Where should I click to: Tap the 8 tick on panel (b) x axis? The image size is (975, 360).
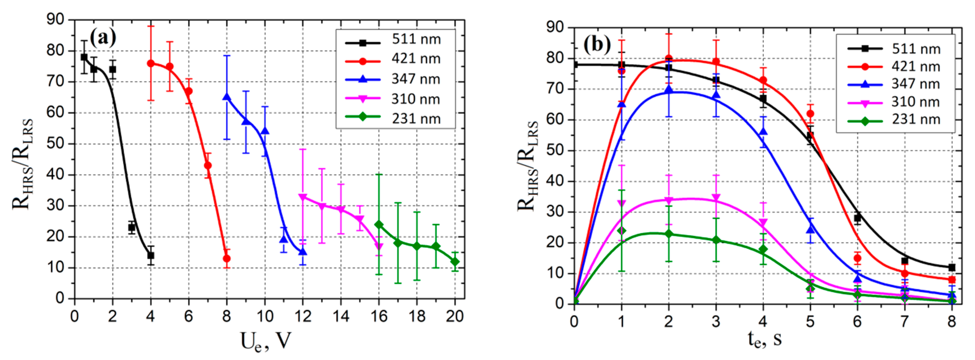(951, 322)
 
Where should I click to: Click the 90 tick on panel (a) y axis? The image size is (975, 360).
(55, 19)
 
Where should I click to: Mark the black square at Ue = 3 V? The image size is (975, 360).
(132, 228)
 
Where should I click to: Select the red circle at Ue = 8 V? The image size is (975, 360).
(227, 258)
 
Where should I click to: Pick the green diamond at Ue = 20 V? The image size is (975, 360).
(455, 261)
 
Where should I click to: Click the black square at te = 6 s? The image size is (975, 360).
(857, 218)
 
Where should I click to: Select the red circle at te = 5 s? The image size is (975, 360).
(810, 114)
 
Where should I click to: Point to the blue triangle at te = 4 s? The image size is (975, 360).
(763, 131)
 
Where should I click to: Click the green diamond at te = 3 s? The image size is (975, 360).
(716, 240)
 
